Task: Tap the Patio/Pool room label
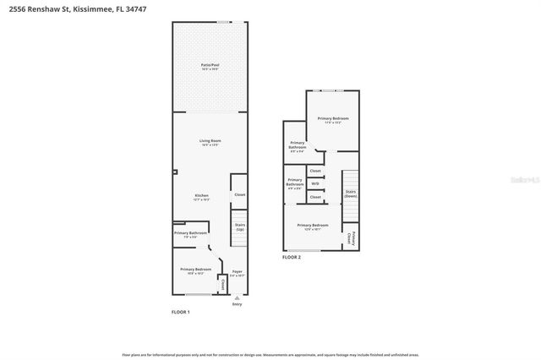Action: [x=210, y=66]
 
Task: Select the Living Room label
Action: [x=210, y=141]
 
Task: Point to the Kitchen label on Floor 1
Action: [x=201, y=196]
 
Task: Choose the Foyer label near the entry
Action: [x=238, y=273]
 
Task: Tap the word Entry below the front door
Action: [x=237, y=304]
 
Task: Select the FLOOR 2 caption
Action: [x=292, y=257]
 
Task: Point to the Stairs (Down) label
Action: [x=350, y=194]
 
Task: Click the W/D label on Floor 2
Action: [x=315, y=183]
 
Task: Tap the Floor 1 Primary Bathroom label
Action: [x=191, y=234]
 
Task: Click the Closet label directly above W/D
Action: [x=315, y=171]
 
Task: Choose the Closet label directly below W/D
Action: [x=315, y=197]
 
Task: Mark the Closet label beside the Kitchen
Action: [x=239, y=194]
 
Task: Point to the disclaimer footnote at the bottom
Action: [x=270, y=355]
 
